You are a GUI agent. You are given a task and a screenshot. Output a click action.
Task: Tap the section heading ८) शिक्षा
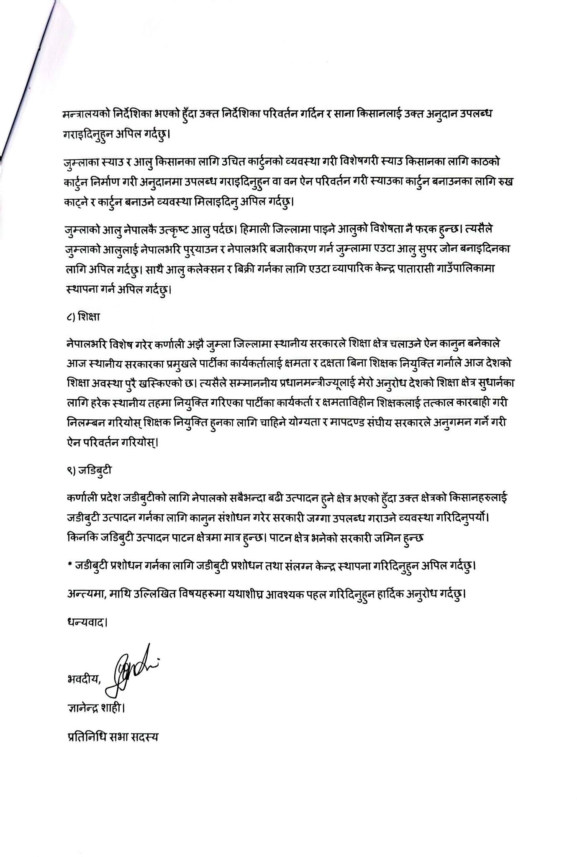click(x=83, y=316)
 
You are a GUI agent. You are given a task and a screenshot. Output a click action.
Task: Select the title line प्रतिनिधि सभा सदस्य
click(x=113, y=737)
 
